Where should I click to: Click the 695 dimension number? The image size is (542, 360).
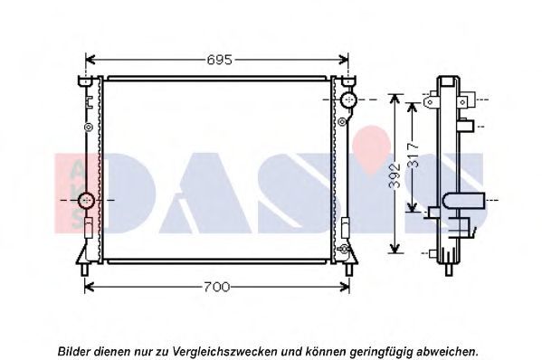(x=220, y=60)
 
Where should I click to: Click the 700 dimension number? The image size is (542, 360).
(x=217, y=287)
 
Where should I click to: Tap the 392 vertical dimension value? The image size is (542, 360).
(x=395, y=175)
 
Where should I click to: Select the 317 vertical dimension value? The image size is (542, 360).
(x=414, y=155)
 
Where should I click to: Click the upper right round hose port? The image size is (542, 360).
(x=348, y=99)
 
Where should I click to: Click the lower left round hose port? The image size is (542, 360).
(x=86, y=200)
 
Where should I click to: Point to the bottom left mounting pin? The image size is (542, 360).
(x=85, y=270)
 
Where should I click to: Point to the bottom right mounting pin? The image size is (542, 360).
(x=349, y=270)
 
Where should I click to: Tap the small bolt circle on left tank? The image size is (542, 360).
(x=89, y=128)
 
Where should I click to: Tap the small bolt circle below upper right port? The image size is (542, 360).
(x=342, y=121)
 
